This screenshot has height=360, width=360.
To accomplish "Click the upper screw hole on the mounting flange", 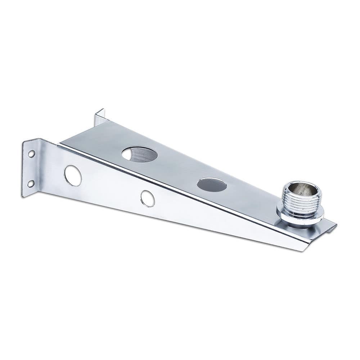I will [x=31, y=154].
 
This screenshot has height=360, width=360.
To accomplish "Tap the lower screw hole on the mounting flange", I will [x=31, y=184].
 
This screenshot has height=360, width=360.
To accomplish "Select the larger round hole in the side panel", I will [x=73, y=176].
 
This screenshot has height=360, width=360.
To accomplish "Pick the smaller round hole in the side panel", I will [x=148, y=198].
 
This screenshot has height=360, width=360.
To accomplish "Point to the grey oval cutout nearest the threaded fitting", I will [x=212, y=185].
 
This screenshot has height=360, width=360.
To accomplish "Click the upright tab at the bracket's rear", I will [x=99, y=117].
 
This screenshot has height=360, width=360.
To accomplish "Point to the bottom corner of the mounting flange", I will [x=23, y=195].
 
